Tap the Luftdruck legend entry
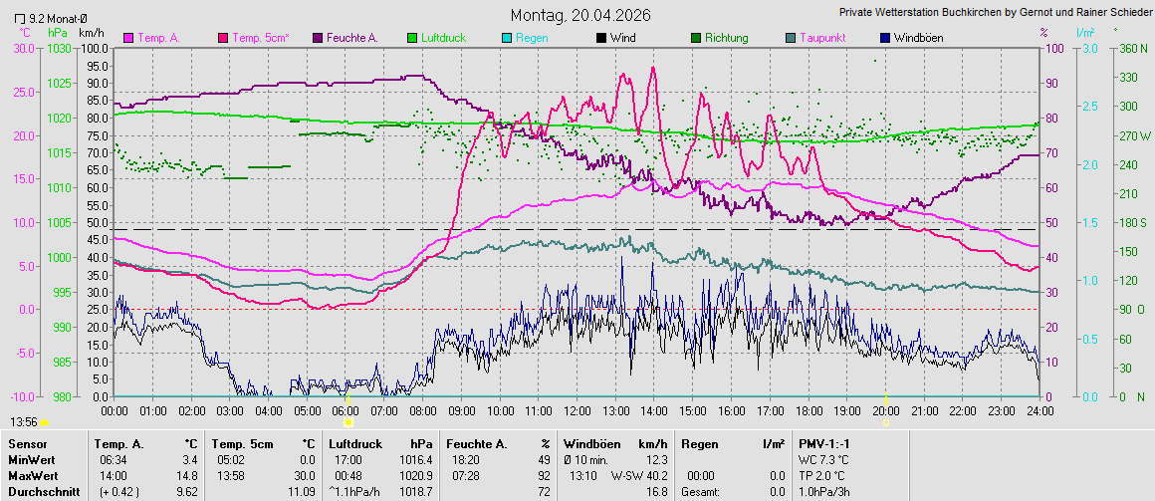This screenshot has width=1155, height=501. click(443, 38)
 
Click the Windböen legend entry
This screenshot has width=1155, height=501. click(917, 38)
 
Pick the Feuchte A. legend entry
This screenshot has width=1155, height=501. click(346, 38)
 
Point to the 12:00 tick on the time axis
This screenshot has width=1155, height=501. click(577, 409)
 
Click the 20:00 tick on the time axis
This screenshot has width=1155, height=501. click(885, 409)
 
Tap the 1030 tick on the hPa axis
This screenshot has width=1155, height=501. click(61, 48)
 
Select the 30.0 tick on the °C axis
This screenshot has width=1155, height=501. click(23, 48)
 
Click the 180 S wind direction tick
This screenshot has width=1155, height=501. click(1133, 222)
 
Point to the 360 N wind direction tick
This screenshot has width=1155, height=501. click(1133, 48)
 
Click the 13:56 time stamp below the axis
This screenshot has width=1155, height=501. click(25, 422)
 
